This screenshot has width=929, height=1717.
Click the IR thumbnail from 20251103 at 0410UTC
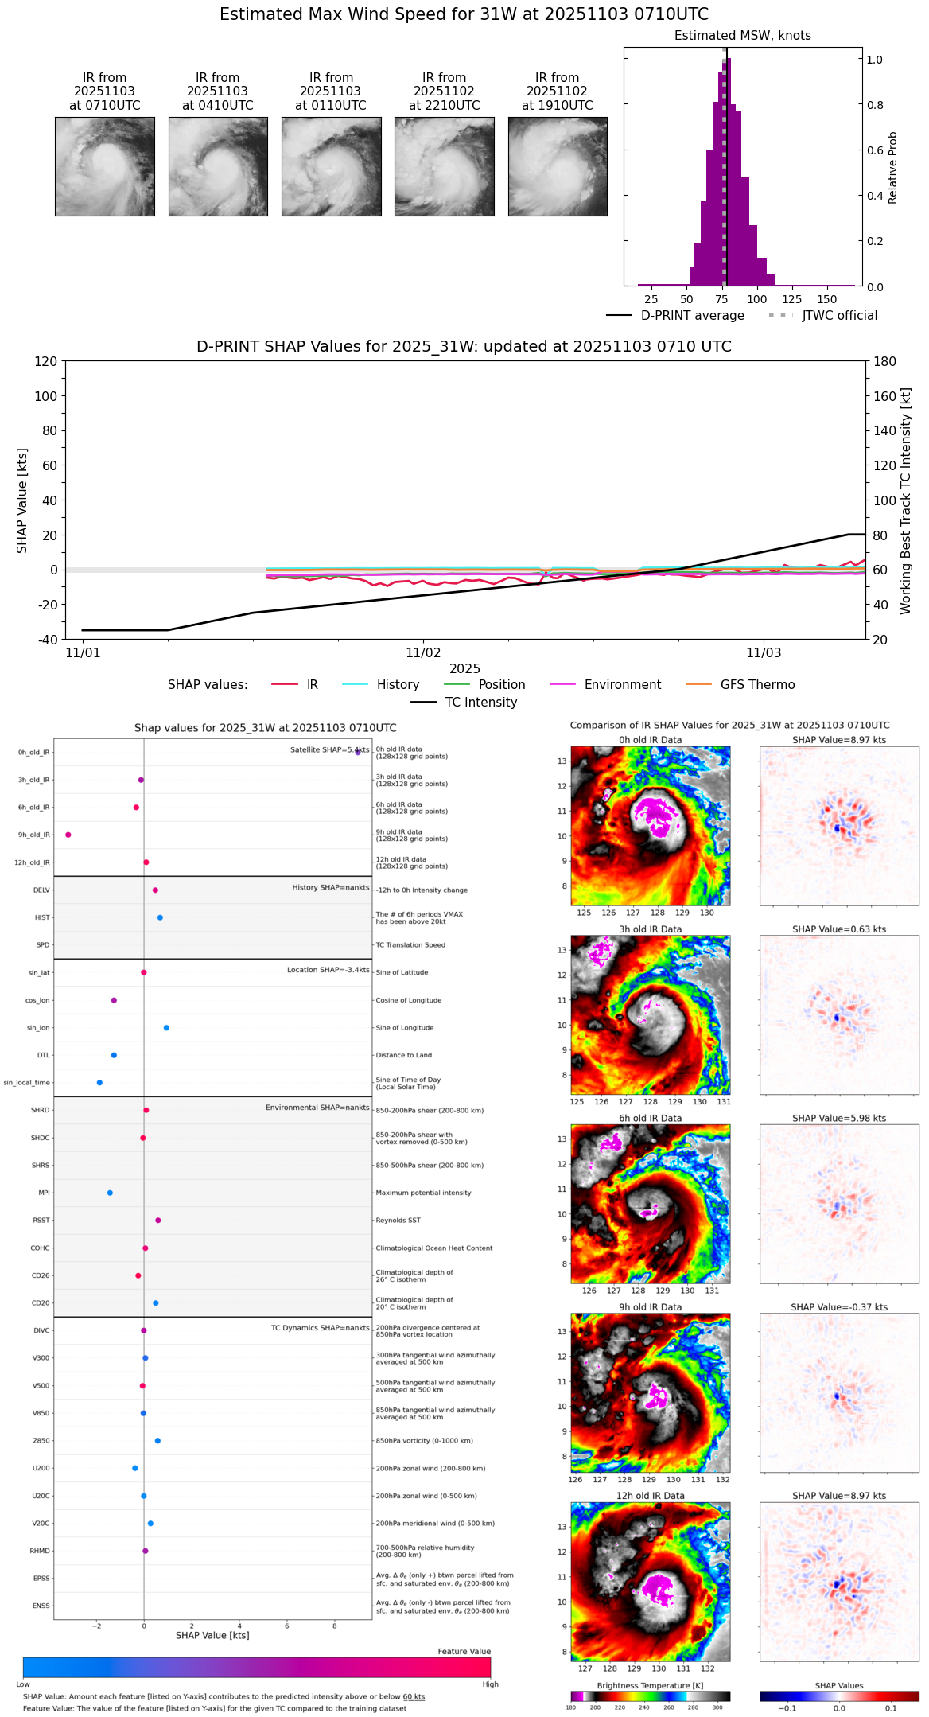pyautogui.click(x=218, y=166)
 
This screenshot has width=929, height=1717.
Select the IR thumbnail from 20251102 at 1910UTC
pyautogui.click(x=558, y=166)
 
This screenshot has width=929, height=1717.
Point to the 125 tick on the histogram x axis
pyautogui.click(x=792, y=299)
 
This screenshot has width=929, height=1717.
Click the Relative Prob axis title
pyautogui.click(x=892, y=167)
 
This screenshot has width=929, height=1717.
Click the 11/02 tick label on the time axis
pyautogui.click(x=423, y=653)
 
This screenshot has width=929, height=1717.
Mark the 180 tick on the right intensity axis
pyautogui.click(x=884, y=361)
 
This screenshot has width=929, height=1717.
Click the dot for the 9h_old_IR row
pyautogui.click(x=68, y=835)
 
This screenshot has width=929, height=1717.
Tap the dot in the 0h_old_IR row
pyautogui.click(x=358, y=752)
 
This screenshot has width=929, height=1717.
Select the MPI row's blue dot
pyautogui.click(x=110, y=1193)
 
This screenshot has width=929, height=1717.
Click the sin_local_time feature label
pyautogui.click(x=27, y=1083)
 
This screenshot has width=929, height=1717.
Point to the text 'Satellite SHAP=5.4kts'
pyautogui.click(x=329, y=749)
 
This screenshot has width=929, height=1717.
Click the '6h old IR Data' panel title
pyautogui.click(x=650, y=1118)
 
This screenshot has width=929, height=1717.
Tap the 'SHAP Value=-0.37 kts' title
pyautogui.click(x=839, y=1307)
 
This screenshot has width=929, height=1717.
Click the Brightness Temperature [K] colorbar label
pyautogui.click(x=650, y=1685)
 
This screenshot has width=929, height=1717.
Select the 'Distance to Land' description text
pyautogui.click(x=403, y=1055)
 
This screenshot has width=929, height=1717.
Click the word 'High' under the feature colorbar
pyautogui.click(x=490, y=1684)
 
